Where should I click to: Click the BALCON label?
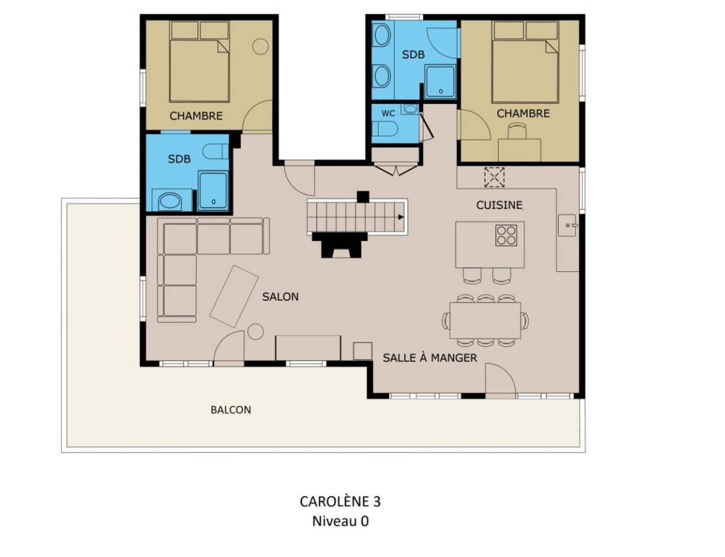click(231, 410)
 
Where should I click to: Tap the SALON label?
click(280, 297)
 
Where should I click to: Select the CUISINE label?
click(499, 205)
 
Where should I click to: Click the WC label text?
click(388, 113)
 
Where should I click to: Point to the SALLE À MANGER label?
click(430, 357)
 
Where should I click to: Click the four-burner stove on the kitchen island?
click(506, 235)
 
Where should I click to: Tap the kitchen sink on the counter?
click(567, 225)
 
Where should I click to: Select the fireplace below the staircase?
click(340, 245)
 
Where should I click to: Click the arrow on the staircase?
click(400, 217)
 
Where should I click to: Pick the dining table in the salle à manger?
click(485, 320)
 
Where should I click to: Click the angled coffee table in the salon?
click(234, 296)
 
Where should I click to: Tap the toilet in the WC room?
click(385, 129)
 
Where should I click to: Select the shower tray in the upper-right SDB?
click(440, 82)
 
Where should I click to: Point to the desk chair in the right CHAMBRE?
click(518, 131)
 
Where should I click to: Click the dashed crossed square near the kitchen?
click(494, 177)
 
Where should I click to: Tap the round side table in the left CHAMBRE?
click(261, 46)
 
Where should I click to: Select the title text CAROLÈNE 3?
click(340, 502)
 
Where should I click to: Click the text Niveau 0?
click(340, 521)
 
